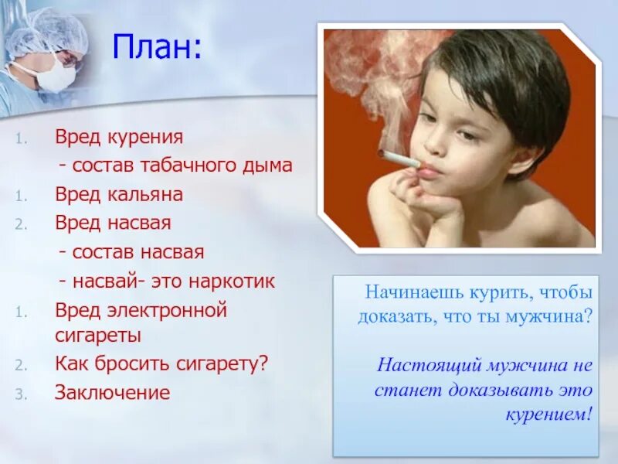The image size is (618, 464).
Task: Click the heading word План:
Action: tap(156, 49)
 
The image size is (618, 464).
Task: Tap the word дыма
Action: tap(270, 165)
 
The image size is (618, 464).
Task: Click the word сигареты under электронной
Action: tap(97, 336)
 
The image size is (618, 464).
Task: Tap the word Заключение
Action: tap(112, 392)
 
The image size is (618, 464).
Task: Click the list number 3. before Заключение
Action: tap(21, 394)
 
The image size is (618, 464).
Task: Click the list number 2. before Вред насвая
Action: tap(21, 224)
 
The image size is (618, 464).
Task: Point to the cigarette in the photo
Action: tap(399, 159)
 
